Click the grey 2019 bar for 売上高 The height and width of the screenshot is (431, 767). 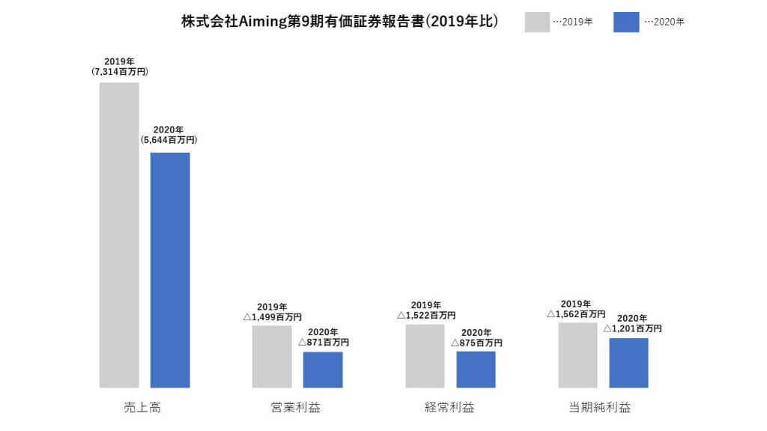click(x=120, y=235)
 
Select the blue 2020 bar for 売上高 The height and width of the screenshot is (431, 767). click(x=170, y=270)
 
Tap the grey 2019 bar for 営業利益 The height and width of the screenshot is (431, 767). click(x=272, y=356)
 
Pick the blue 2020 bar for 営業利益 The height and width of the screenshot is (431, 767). click(x=323, y=370)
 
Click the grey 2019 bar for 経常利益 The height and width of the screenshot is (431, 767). click(x=425, y=355)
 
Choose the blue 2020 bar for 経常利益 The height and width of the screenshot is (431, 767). click(x=476, y=370)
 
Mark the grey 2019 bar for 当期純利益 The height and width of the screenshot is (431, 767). click(x=577, y=355)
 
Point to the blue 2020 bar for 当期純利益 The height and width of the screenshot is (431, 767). click(x=628, y=363)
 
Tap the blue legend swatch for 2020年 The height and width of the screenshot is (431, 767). click(x=626, y=22)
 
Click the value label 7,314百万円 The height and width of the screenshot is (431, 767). click(x=120, y=73)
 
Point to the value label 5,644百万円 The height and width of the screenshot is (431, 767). click(x=169, y=140)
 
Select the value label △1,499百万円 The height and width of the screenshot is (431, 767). click(x=272, y=317)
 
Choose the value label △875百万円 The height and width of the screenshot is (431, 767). click(x=476, y=343)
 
